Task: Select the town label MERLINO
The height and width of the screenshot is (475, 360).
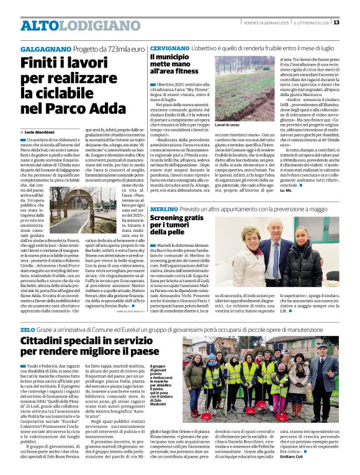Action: (163, 210)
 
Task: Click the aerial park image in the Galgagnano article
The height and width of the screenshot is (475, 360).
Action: (81, 180)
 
